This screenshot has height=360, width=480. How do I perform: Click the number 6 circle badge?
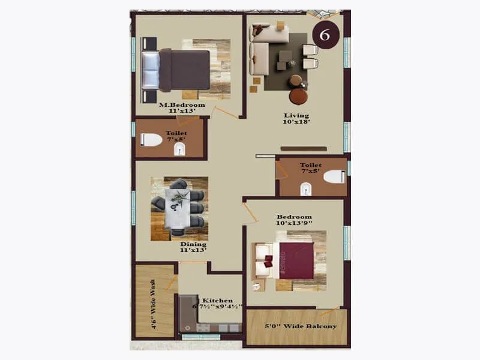pos(325,35)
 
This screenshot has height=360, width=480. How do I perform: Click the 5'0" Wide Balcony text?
pos(301,326)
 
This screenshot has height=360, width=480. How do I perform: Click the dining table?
pos(179,208)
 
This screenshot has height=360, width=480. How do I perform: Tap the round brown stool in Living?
pos(298,95)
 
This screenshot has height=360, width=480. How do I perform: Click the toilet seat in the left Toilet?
pos(152,140)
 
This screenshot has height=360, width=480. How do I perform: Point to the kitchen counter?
pos(204,324)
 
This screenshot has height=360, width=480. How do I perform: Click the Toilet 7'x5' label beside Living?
pos(311,168)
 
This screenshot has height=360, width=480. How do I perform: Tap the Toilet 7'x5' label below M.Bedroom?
pos(176,136)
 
